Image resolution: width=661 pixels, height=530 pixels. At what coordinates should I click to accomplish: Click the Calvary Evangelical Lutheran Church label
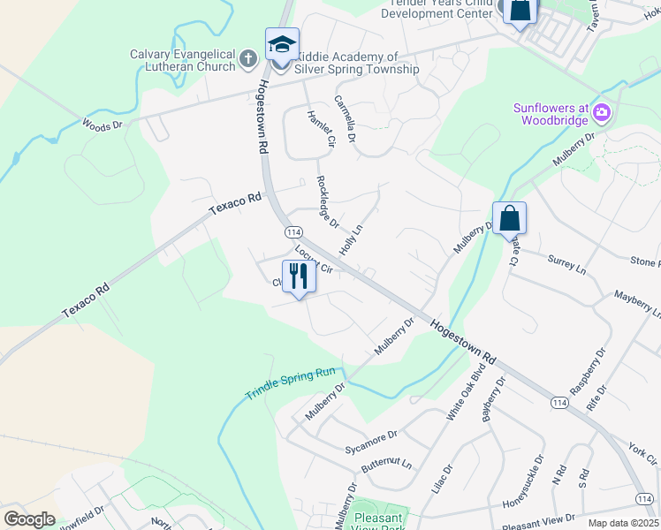click(x=183, y=60)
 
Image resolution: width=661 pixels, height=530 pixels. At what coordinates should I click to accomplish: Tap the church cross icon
click(x=248, y=61)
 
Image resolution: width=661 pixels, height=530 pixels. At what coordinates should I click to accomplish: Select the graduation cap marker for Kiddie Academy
click(x=282, y=44)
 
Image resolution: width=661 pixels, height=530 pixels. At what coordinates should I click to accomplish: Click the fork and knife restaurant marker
click(x=299, y=276)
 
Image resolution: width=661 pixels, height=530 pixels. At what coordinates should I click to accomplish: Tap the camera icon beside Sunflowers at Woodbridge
click(x=602, y=111)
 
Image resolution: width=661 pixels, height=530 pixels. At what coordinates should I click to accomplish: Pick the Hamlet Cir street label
click(x=318, y=128)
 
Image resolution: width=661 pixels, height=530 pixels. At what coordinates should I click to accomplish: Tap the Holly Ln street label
click(x=351, y=233)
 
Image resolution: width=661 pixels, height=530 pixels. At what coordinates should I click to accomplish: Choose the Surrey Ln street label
click(x=566, y=263)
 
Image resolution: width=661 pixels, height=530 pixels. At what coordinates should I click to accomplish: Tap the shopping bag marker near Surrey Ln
click(x=510, y=218)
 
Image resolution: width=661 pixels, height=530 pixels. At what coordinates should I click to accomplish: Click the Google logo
click(x=29, y=519)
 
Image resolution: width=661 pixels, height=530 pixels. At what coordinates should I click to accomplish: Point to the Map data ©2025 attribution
click(x=622, y=523)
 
